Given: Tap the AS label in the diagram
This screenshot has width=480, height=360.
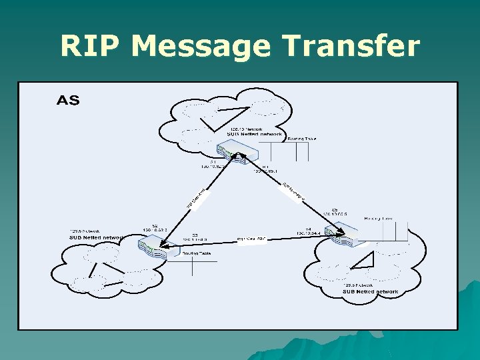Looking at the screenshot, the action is click(68, 101).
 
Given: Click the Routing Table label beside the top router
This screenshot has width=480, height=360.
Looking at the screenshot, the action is click(301, 139).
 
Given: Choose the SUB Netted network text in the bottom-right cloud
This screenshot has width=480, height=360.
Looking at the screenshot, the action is click(370, 291).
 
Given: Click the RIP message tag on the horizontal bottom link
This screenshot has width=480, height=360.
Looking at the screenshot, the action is click(252, 239).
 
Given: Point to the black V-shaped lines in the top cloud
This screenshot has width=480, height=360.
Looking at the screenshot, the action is click(219, 117).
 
